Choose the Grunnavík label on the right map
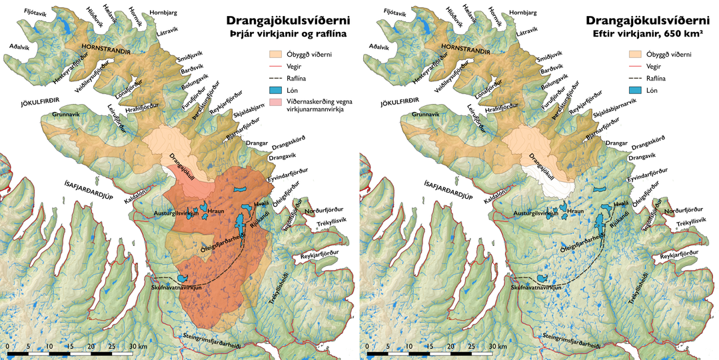[416, 115]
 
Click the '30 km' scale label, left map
[139, 347]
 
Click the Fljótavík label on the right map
[395, 13]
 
